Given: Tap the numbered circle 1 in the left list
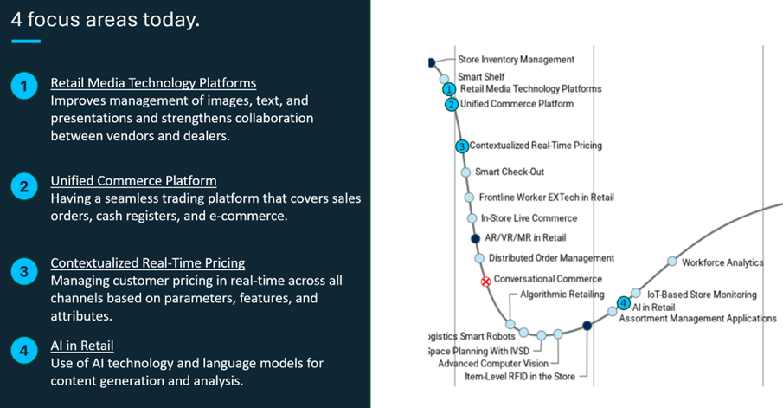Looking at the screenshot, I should pos(25,86).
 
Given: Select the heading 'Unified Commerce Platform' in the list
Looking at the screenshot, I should pos(133,181).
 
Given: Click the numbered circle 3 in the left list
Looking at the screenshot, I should pos(25,271).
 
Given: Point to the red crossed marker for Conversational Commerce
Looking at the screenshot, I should pos(485,282).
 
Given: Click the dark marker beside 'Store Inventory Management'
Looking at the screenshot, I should pos(431,62).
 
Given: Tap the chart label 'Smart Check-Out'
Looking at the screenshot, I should pos(510,172).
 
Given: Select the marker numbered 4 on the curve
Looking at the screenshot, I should pos(624,302).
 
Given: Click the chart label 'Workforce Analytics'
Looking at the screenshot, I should pos(722,262).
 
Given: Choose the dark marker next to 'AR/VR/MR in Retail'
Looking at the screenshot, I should pos(474,238).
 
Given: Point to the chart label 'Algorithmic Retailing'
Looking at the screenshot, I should pos(562,295).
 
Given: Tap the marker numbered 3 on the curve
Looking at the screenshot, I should pos(462,146).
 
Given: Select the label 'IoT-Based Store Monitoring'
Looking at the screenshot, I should pos(702,295).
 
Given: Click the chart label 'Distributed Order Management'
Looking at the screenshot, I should pos(551,258).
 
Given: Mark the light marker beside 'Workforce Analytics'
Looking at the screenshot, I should pos(672,262).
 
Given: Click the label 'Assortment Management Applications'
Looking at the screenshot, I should pos(697,318).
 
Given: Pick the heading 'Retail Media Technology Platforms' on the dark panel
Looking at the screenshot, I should pos(153,83).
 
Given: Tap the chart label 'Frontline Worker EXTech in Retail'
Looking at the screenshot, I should pos(547,197).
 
